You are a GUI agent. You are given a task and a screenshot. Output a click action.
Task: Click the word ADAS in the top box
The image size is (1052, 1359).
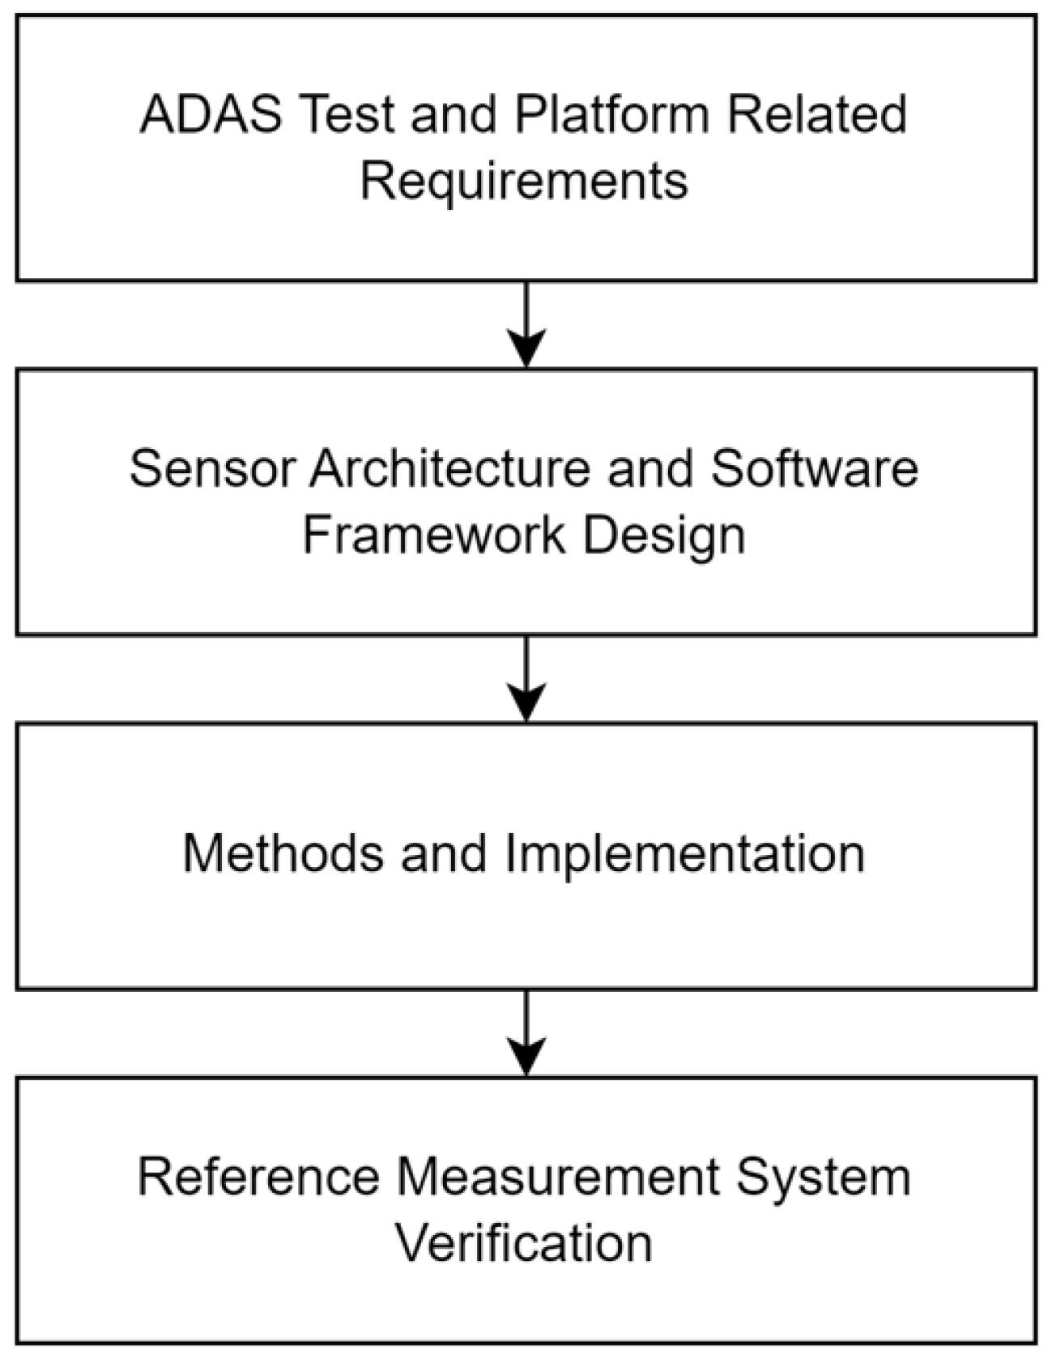(211, 114)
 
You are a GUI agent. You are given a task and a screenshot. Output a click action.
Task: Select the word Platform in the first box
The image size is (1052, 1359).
(611, 114)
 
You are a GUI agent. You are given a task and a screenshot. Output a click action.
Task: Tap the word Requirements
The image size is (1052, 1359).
(524, 181)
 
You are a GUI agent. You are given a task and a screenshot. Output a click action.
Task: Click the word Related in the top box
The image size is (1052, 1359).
(817, 114)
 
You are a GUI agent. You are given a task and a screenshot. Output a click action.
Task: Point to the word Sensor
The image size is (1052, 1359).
(211, 468)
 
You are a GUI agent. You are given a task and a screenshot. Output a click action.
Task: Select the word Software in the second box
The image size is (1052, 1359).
(815, 468)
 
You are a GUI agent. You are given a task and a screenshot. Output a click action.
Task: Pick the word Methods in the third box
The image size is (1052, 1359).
(283, 853)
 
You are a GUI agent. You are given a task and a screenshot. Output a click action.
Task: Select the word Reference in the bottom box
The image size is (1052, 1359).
(258, 1177)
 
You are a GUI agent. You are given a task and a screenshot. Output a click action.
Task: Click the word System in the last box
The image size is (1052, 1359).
(823, 1178)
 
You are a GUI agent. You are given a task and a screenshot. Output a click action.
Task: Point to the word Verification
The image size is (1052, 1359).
(524, 1243)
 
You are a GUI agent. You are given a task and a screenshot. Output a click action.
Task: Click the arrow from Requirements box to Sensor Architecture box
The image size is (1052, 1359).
(526, 324)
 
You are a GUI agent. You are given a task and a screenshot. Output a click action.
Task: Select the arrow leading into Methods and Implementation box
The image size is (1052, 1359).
(526, 678)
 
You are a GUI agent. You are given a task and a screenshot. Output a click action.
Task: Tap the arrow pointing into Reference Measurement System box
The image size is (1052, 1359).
(526, 1032)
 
